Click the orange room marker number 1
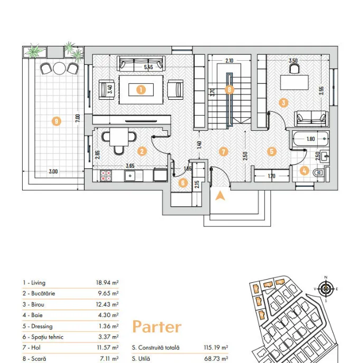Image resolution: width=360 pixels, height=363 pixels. (x=140, y=90)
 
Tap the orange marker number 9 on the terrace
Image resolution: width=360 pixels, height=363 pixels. (x=56, y=121)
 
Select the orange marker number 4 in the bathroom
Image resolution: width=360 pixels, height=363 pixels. (x=305, y=170)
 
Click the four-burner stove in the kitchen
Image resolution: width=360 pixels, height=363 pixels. (x=105, y=175)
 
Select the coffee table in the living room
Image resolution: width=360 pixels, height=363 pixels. (x=140, y=90)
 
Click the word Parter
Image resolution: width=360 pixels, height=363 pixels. (x=157, y=327)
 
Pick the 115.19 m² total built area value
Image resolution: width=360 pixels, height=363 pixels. (x=216, y=348)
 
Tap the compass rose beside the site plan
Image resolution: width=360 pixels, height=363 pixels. (x=326, y=289)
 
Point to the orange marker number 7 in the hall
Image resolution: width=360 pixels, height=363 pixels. (x=223, y=151)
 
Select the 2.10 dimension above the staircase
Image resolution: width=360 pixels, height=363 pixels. (x=229, y=61)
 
